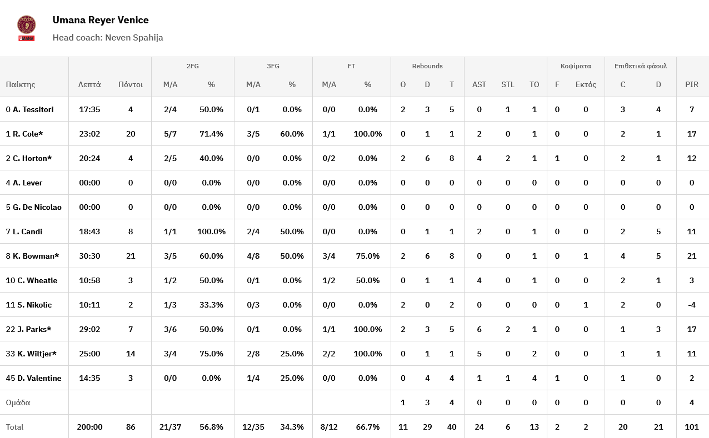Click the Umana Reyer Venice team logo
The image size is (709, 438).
(26, 28)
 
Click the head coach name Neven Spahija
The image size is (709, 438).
(134, 38)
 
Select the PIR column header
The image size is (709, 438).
(692, 84)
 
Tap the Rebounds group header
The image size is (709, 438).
(427, 66)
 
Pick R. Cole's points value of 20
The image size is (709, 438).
(131, 134)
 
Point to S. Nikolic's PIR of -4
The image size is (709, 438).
(691, 305)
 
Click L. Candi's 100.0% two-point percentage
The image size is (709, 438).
(211, 231)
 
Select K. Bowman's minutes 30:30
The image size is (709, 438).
(89, 256)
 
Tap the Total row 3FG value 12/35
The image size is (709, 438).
(253, 427)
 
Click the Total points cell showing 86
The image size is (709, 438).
(131, 427)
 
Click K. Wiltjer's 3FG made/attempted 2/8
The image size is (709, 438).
(253, 354)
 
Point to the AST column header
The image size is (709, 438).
(479, 84)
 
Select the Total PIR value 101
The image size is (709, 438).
(692, 427)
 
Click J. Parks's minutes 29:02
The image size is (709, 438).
(89, 329)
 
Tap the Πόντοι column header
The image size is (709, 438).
(131, 84)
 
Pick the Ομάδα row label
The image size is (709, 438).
(18, 402)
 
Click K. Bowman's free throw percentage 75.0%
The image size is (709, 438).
(368, 256)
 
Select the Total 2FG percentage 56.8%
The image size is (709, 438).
(211, 427)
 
